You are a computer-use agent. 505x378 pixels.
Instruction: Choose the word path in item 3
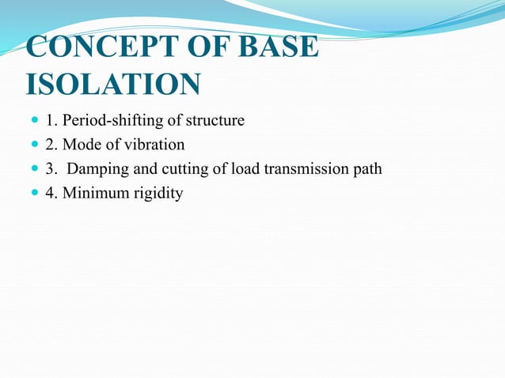[367, 168]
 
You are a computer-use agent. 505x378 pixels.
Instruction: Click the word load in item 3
[246, 168]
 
